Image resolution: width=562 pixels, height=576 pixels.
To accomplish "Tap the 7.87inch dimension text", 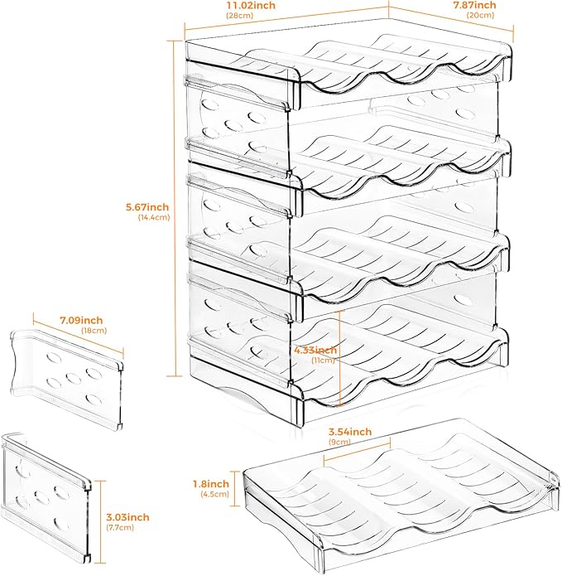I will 474,6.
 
